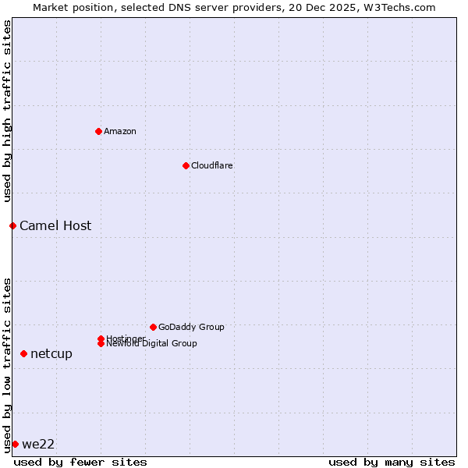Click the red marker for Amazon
98,131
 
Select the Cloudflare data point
186,165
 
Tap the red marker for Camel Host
12,225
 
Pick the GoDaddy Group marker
153,327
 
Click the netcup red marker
23,353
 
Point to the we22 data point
15,444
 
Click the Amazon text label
120,131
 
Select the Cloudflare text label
212,165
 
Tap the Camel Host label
55,226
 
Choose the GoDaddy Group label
191,327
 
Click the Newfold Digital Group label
152,344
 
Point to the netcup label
51,354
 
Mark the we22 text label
38,445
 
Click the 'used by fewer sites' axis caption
80,462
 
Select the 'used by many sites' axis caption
392,462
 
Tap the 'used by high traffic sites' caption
8,111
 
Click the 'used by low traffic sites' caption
8,364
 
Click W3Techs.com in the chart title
396,7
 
